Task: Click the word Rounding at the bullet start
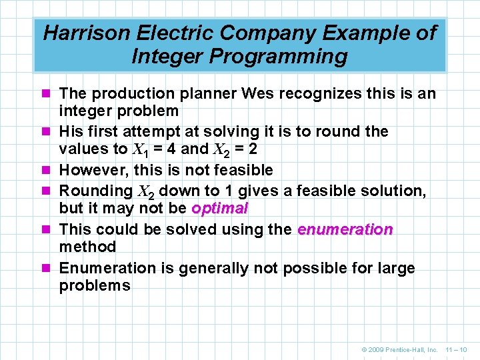95,191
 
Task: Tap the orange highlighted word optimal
219,208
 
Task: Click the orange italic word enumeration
345,229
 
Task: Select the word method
87,247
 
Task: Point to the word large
395,268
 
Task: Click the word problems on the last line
95,285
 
